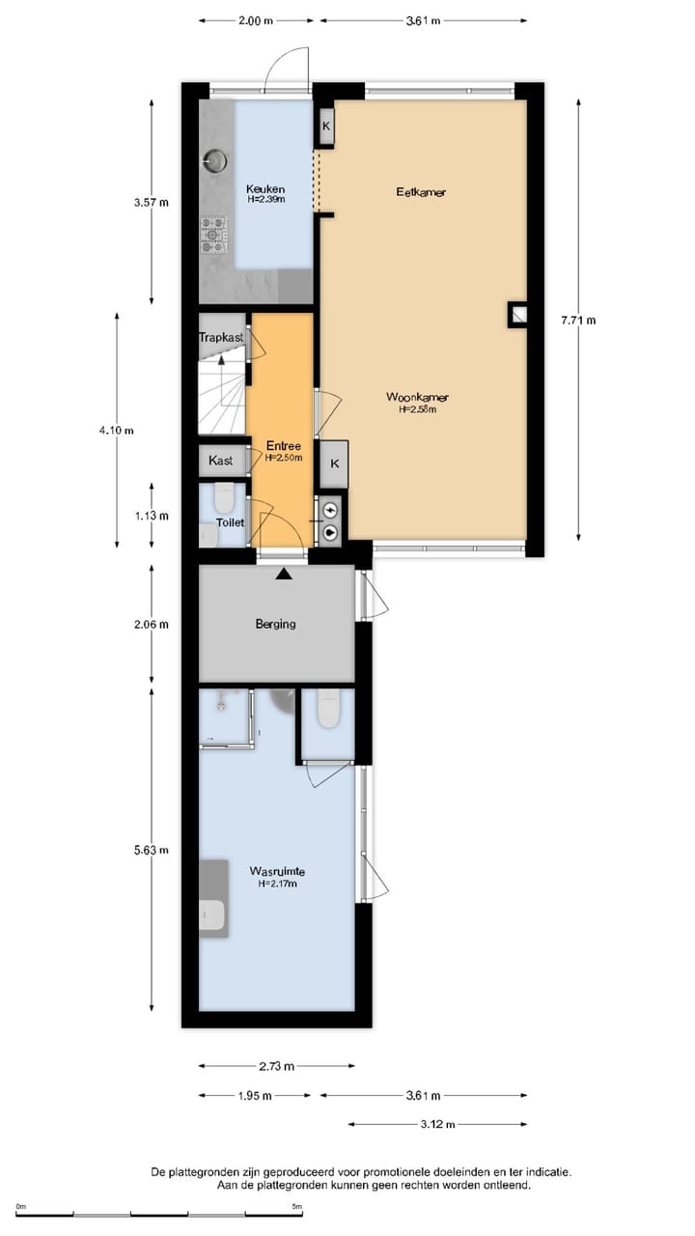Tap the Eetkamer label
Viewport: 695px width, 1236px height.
[421, 192]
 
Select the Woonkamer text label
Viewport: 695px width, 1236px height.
[417, 397]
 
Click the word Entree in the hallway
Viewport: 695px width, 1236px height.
[284, 445]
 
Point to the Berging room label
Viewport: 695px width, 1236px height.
[275, 624]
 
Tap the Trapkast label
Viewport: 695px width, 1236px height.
[221, 338]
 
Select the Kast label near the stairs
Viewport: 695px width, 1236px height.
[221, 461]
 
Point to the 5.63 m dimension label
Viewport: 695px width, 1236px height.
[152, 850]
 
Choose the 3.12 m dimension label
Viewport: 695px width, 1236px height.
[436, 1124]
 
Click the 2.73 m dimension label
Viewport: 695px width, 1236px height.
[275, 1066]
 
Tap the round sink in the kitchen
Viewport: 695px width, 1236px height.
[217, 159]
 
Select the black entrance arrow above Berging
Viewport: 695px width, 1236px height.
[284, 576]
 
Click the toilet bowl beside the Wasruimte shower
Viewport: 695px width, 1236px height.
[328, 710]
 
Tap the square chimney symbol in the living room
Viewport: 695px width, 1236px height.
[518, 315]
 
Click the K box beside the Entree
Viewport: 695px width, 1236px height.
[334, 463]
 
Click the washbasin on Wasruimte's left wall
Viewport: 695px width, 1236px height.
[213, 913]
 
